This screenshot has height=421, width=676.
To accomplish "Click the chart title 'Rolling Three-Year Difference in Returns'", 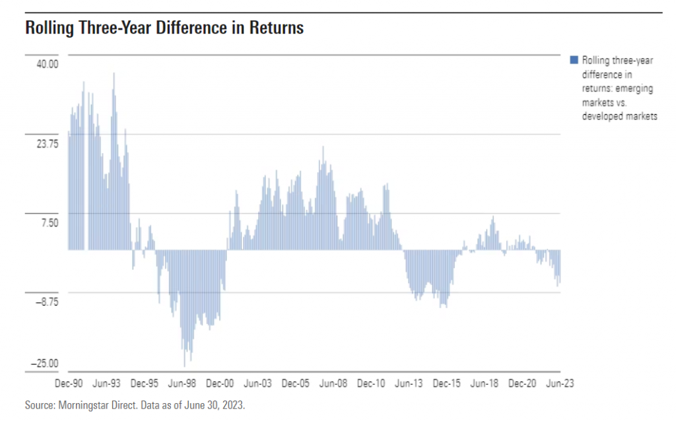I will coord(164,28).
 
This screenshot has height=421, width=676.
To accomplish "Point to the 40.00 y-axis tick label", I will coord(47,64).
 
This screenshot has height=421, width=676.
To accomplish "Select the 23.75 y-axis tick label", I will coord(47,143).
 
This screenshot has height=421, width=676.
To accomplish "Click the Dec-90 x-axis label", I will coord(68,383).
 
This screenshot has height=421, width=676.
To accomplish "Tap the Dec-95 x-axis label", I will coord(143,383).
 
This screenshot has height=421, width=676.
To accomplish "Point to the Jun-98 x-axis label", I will coord(182,383).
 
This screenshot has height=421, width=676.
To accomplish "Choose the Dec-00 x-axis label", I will coord(220,383).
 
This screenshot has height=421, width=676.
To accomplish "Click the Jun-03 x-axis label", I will coord(257,383).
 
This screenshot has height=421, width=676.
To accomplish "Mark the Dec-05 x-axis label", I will coord(295,383).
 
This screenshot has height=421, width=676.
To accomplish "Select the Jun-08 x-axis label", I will coord(333,383).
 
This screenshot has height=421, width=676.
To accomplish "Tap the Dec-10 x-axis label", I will coord(371,383).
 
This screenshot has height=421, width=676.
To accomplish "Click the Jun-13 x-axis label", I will coord(409,383).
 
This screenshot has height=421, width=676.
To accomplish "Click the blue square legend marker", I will coord(573,61).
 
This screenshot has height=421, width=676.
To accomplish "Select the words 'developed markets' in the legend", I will coord(619,116).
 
